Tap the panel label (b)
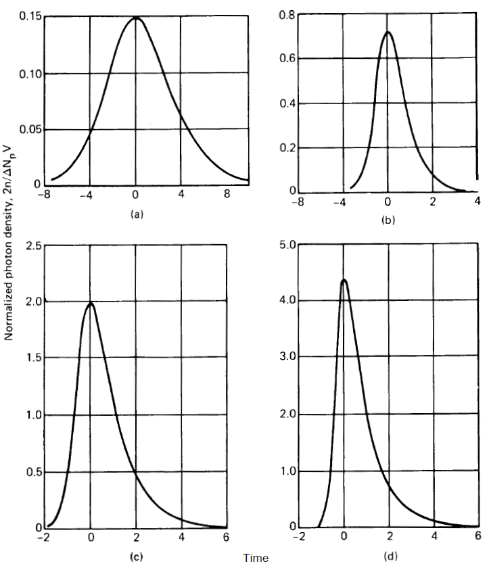tap(389, 219)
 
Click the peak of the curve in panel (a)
tap(135, 18)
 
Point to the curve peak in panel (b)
tap(388, 32)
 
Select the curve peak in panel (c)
tap(90, 303)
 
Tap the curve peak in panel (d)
tap(344, 280)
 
